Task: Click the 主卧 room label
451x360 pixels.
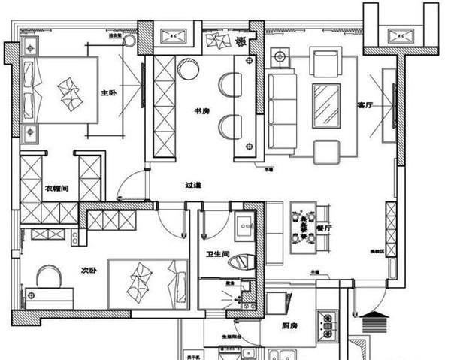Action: pyautogui.click(x=108, y=93)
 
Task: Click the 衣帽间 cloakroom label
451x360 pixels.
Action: pyautogui.click(x=56, y=188)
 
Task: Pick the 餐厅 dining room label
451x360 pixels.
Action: pyautogui.click(x=325, y=226)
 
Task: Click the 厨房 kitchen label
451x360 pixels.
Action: pyautogui.click(x=292, y=325)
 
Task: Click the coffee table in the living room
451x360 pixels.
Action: pyautogui.click(x=325, y=104)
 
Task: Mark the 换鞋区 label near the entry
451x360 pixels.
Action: pyautogui.click(x=376, y=253)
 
